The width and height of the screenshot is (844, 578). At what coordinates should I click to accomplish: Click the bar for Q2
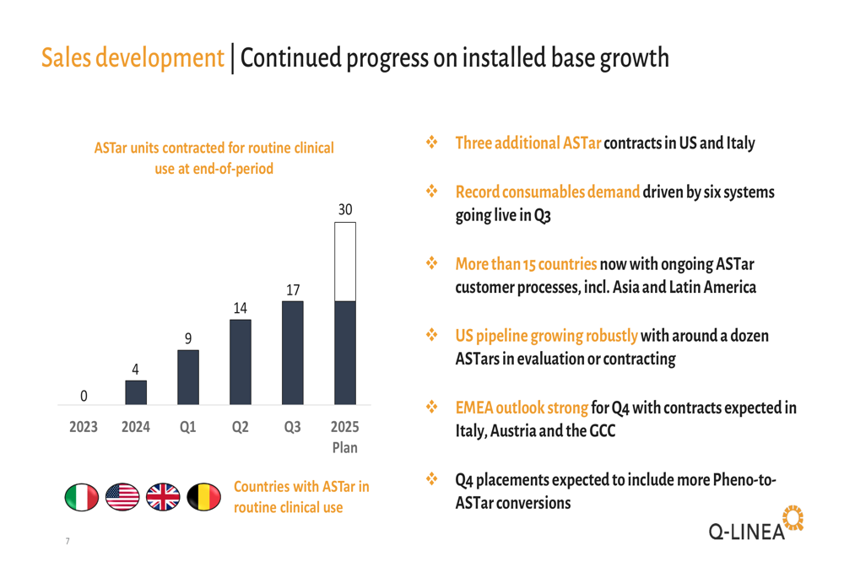coord(241,362)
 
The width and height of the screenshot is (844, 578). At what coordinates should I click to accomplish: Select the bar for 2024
coord(136,392)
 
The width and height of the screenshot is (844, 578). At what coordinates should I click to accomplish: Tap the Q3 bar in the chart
coord(293,353)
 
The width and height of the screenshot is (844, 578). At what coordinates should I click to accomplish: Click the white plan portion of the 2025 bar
coord(345,262)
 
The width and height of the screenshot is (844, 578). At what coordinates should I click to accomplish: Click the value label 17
coord(293,289)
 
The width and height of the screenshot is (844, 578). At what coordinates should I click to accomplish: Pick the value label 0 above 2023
coord(84,395)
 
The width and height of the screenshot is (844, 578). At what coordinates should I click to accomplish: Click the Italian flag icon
coord(81,498)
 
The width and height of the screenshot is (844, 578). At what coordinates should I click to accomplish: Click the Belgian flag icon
coord(203,498)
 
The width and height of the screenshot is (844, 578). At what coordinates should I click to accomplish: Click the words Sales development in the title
coord(132,58)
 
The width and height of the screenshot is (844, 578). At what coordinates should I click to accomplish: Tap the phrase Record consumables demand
coord(547,192)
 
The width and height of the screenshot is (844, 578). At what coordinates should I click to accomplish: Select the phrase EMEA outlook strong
coord(521,408)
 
